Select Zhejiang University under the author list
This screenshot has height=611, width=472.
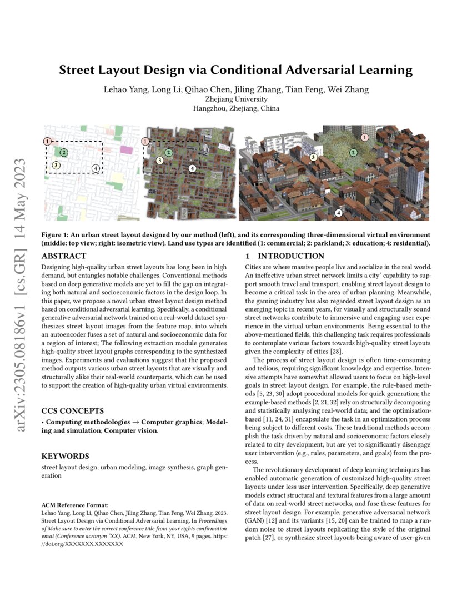click(236, 99)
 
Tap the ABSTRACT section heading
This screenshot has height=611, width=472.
click(63, 256)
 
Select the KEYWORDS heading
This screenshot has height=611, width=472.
click(66, 456)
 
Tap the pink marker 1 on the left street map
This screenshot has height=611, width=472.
click(48, 142)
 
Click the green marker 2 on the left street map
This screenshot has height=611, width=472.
click(64, 152)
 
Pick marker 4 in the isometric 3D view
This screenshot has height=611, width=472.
click(339, 213)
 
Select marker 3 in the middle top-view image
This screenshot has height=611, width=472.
click(159, 161)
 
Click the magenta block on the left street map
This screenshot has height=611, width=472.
click(127, 149)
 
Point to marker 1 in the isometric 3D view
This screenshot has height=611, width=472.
click(365, 137)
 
